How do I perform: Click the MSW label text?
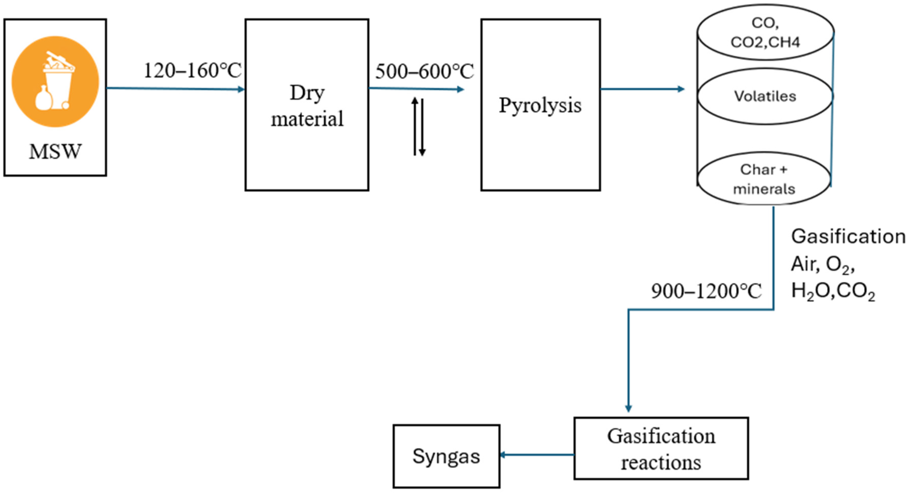[x=55, y=152]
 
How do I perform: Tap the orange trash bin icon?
[x=55, y=81]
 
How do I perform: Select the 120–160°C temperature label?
[x=192, y=71]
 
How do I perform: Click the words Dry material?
[x=307, y=106]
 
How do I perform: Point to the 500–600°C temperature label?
[x=424, y=72]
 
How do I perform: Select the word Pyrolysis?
[x=540, y=105]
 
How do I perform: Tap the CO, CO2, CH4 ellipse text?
[x=765, y=33]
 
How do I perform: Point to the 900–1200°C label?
[x=706, y=292]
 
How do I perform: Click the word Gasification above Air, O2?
[x=848, y=236]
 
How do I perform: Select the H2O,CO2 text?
[x=833, y=292]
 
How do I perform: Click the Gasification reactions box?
[x=661, y=449]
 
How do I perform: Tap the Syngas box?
[x=446, y=456]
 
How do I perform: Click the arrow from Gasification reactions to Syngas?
[x=537, y=455]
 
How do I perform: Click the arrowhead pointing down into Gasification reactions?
[x=629, y=408]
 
